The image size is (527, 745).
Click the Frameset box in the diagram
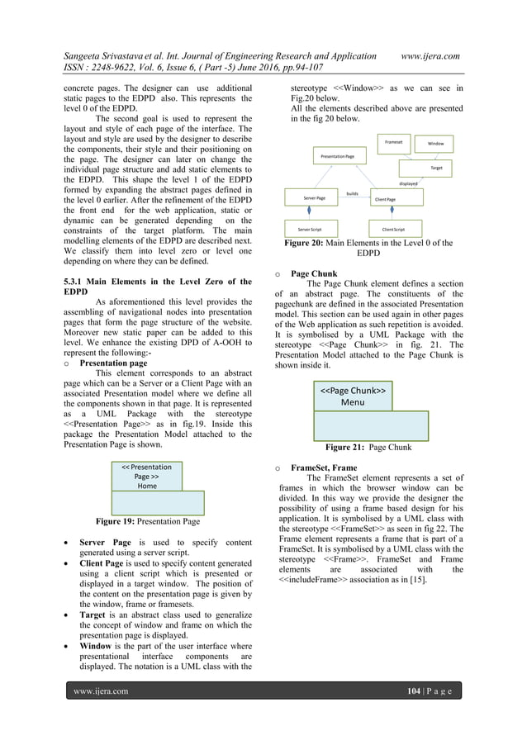click(392, 142)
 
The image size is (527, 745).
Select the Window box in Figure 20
click(435, 144)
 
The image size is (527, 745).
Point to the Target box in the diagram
click(435, 167)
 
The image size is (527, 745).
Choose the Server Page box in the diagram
click(315, 198)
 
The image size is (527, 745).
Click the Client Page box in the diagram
click(386, 199)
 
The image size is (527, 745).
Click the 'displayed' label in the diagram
click(409, 183)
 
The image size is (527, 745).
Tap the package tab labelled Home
click(146, 476)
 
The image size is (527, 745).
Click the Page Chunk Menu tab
click(353, 396)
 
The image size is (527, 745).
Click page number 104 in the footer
click(421, 690)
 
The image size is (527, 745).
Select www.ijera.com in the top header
click(429, 55)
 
